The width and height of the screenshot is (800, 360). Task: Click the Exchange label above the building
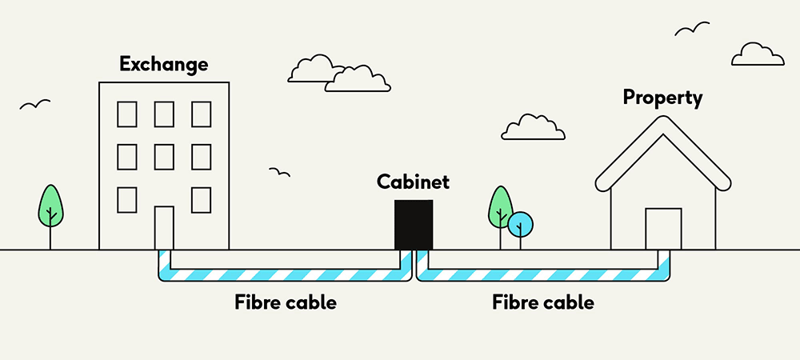163,63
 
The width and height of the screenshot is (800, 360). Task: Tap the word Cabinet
413,182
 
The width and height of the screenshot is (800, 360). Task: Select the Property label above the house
662,98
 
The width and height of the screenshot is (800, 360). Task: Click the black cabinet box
414,225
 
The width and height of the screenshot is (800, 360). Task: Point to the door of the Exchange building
163,228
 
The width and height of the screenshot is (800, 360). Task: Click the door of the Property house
663,229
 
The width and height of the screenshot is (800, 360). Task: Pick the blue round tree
520,225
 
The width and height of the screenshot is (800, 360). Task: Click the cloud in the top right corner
757,54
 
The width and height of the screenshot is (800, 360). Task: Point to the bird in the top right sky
692,30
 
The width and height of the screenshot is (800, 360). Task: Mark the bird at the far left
34,105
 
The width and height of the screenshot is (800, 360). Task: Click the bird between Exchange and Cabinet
279,172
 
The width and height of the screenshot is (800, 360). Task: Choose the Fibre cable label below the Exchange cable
286,303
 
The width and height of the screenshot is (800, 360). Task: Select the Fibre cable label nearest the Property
543,303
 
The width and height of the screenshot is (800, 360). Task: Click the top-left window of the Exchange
126,114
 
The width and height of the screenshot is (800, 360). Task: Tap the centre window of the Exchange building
163,157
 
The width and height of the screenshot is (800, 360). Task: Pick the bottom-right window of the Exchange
201,199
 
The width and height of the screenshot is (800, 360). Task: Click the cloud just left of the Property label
533,126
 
